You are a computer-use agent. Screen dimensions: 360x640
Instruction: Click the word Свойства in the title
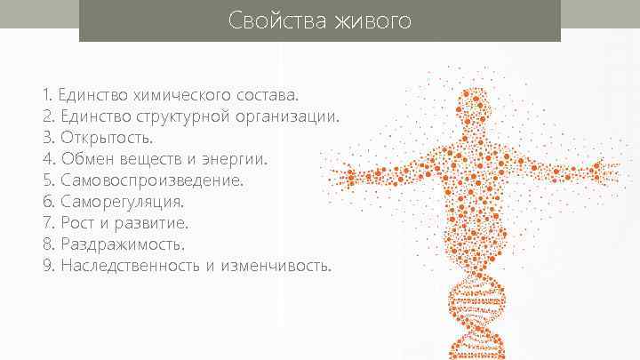click(x=276, y=20)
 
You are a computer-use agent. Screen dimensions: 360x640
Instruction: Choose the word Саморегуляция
click(x=123, y=201)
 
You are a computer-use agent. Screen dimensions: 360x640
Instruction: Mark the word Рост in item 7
click(x=79, y=222)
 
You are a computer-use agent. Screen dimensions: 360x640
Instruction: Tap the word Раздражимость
click(x=124, y=244)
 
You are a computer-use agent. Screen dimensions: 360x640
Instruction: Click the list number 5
click(x=47, y=180)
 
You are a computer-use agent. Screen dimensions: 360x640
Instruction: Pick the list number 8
click(x=47, y=244)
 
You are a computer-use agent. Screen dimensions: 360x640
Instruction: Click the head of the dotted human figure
click(x=476, y=107)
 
